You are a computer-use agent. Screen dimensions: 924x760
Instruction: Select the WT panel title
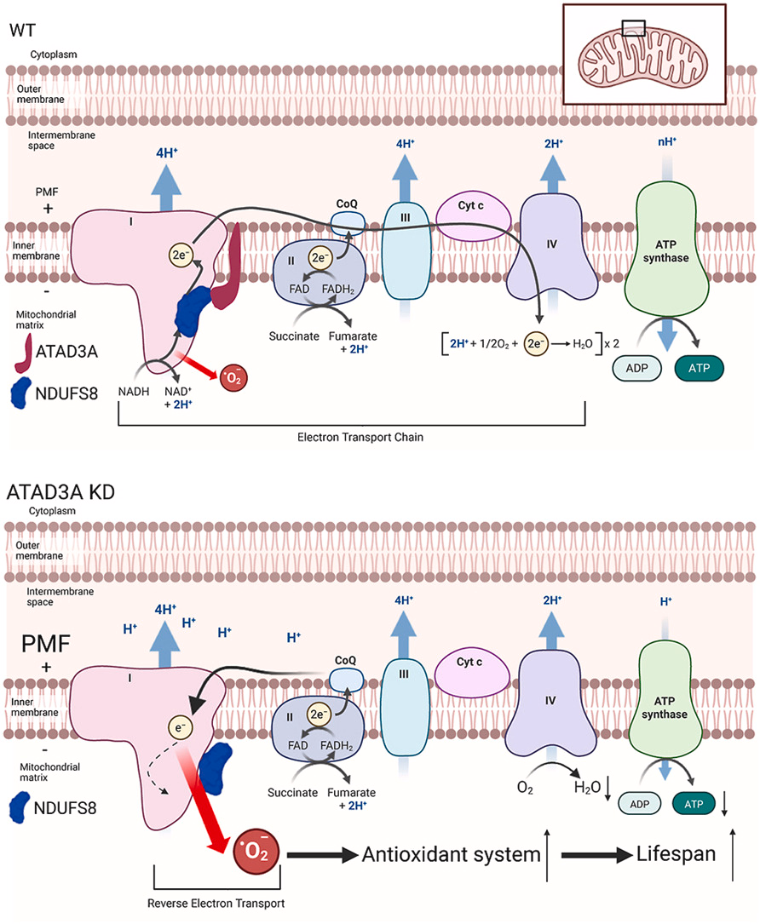coord(22,30)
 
